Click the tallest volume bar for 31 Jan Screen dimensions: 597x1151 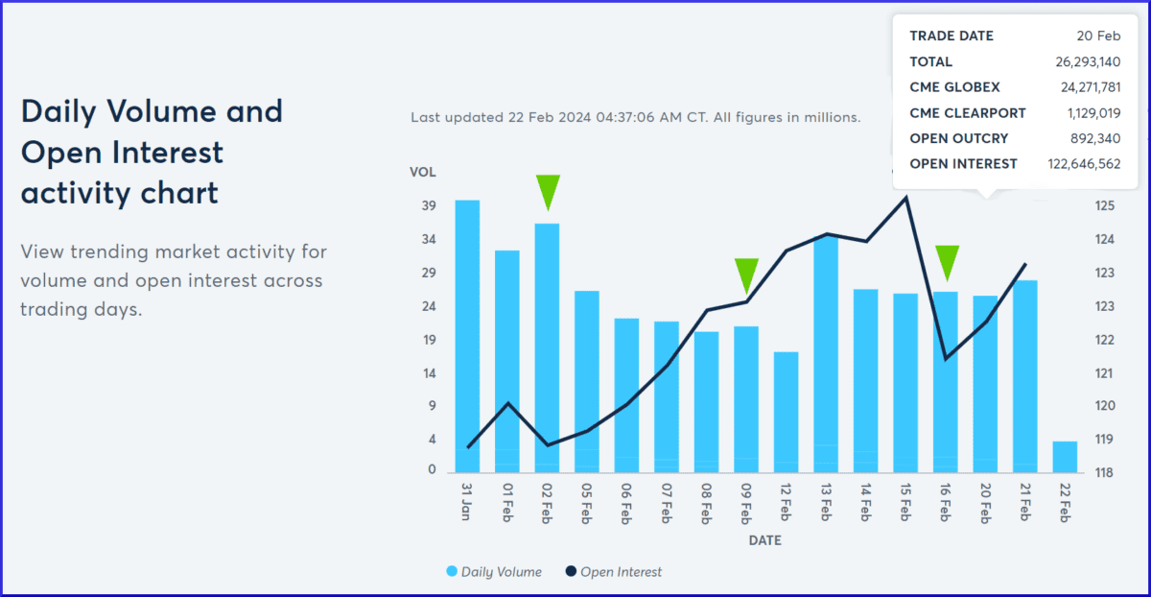tap(467, 336)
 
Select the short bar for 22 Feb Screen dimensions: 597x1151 tap(1065, 457)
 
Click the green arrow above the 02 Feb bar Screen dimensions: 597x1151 tap(548, 191)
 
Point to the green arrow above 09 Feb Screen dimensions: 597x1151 tap(746, 275)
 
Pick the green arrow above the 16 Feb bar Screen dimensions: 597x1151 tap(947, 262)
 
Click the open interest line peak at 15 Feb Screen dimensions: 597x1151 tap(905, 197)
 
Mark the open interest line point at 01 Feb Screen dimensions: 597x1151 tap(507, 403)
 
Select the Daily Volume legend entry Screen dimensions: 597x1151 tap(494, 572)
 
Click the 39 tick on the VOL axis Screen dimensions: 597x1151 tap(429, 206)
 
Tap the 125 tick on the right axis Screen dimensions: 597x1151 tap(1104, 206)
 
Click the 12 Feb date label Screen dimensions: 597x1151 tap(787, 501)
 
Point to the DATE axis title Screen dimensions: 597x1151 tap(764, 540)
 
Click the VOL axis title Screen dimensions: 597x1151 tap(423, 173)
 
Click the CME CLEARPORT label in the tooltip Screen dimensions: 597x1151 tap(968, 113)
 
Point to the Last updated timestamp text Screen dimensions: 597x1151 tap(635, 117)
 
